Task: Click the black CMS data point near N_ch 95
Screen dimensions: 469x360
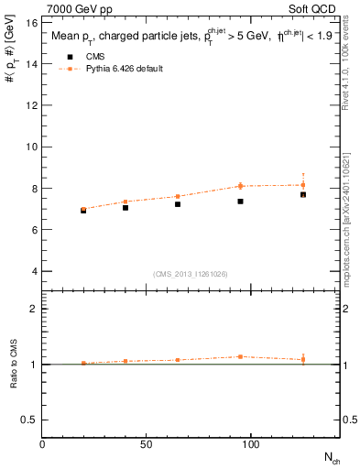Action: [x=240, y=202]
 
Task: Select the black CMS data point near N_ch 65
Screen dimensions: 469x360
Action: [x=178, y=204]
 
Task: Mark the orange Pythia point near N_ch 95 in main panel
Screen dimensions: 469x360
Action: [x=240, y=186]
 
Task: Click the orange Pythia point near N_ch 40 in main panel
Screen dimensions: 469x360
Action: [x=125, y=202]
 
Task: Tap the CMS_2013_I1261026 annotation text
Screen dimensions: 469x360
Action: [x=190, y=273]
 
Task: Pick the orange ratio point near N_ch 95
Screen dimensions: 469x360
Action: [x=240, y=356]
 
